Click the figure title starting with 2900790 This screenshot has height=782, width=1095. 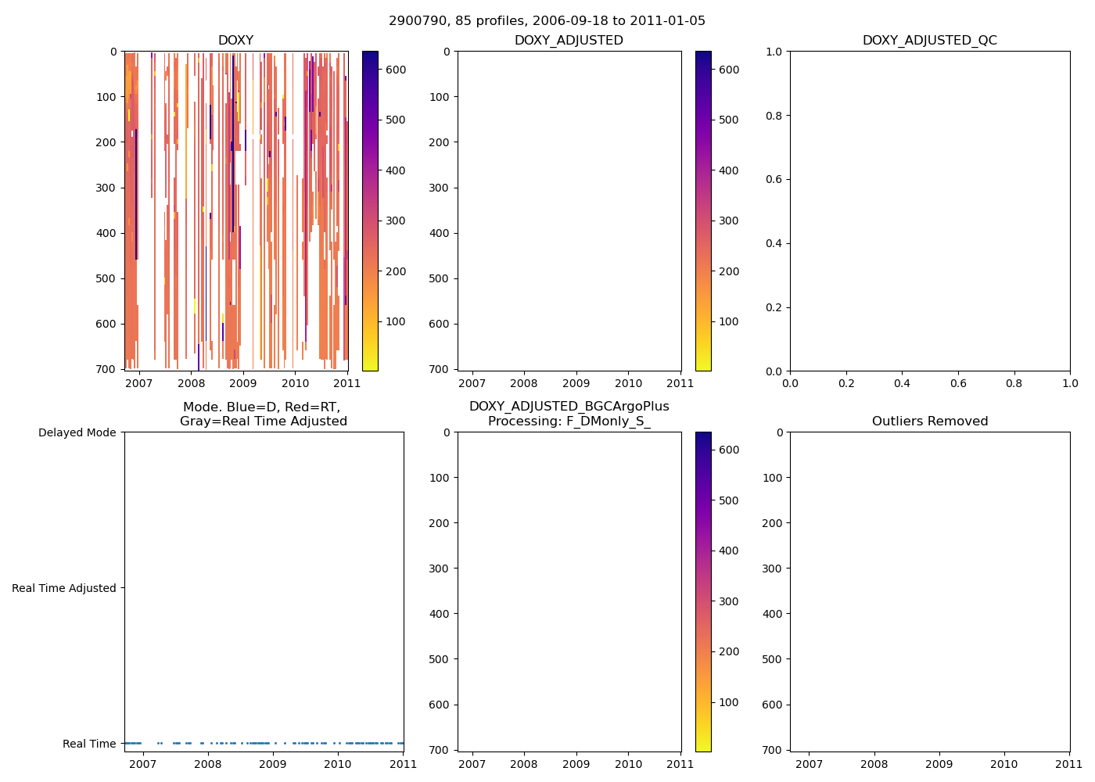point(547,21)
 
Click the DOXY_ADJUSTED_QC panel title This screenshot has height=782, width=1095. point(929,41)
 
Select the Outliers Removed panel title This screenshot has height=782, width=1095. point(929,421)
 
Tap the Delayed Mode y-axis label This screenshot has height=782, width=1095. point(77,432)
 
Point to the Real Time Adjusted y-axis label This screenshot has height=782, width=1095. point(64,588)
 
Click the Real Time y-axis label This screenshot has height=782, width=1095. point(89,744)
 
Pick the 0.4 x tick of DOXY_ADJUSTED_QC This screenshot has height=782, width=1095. point(902,384)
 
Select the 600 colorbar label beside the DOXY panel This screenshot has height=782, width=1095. point(396,70)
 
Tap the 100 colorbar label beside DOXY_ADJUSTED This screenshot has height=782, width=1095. point(728,321)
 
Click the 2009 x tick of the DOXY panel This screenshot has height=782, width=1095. point(242,383)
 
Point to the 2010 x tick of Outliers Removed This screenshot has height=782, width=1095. point(1004,764)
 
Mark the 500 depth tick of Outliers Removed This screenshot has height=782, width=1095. point(772,659)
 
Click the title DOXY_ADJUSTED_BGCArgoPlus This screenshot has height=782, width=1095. point(569,407)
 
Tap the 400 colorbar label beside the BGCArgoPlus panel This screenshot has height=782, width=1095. point(728,551)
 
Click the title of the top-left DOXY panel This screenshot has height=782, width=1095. point(235,41)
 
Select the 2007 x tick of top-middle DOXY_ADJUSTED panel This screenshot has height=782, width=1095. point(472,383)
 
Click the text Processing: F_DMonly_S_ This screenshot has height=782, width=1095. point(569,421)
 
